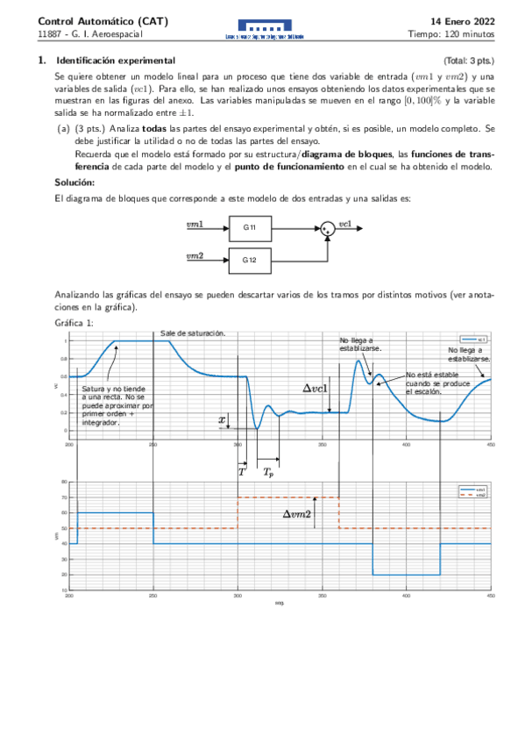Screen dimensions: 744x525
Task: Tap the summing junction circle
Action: click(x=326, y=228)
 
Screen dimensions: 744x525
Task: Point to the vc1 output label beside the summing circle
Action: click(x=345, y=224)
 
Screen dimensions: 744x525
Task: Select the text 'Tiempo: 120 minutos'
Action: click(x=451, y=34)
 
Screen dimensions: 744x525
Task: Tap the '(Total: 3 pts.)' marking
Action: click(x=469, y=61)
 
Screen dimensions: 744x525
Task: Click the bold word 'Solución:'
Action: click(x=74, y=182)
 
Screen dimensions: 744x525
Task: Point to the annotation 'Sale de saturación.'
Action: click(x=193, y=333)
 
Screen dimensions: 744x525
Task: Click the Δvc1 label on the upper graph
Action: click(x=316, y=387)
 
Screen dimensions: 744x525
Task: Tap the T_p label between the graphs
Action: click(x=268, y=472)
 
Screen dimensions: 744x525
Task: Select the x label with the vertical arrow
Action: click(x=222, y=420)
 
